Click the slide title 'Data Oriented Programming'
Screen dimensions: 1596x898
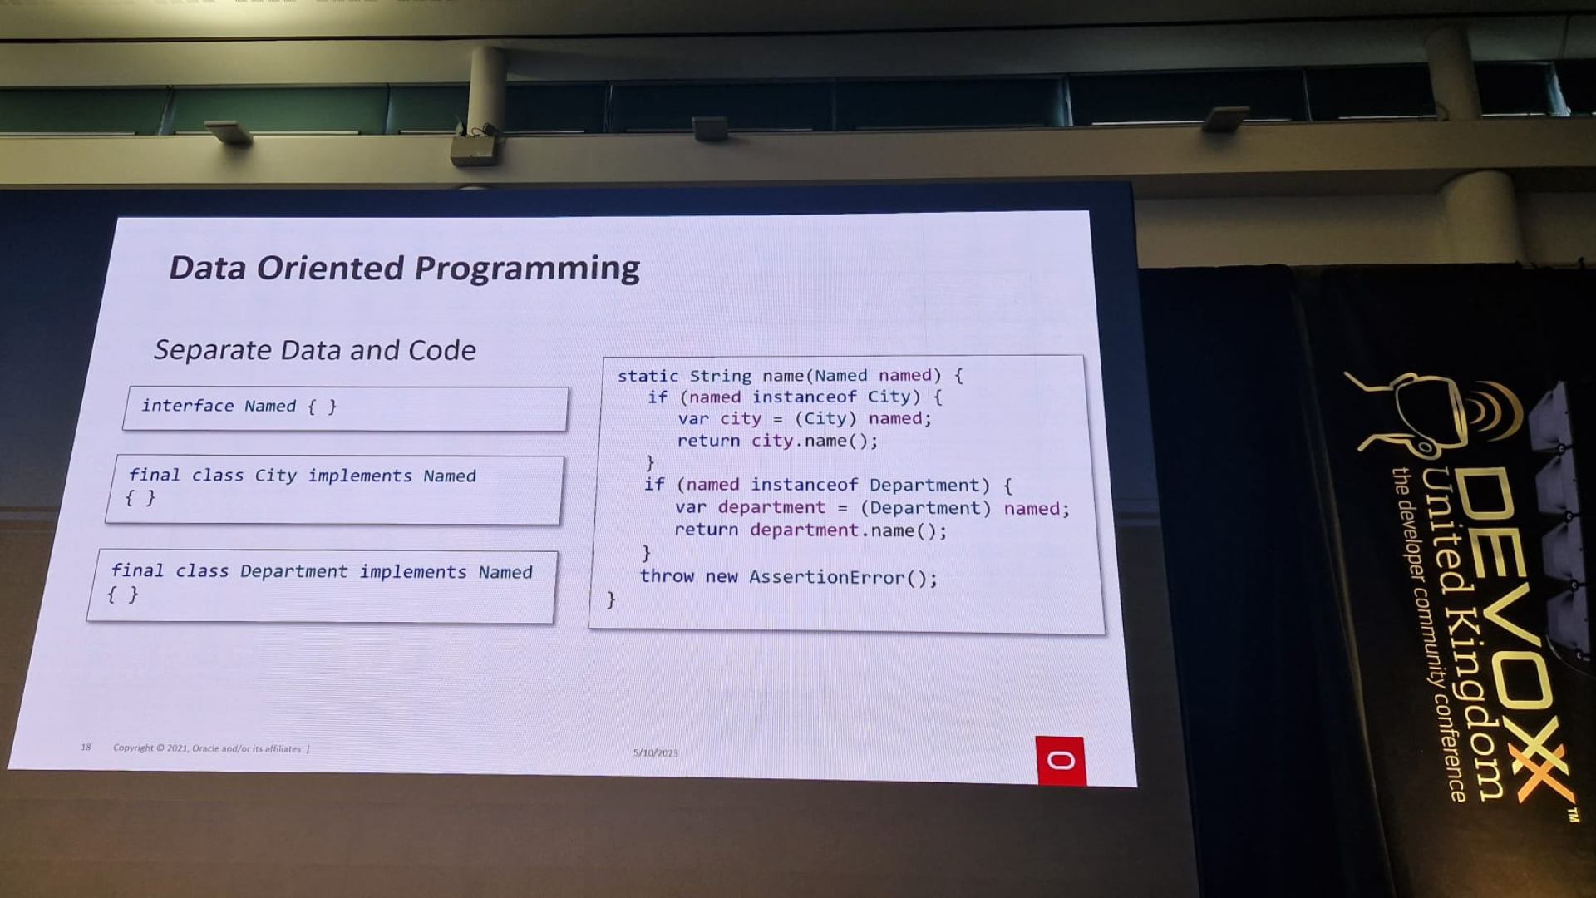coord(404,268)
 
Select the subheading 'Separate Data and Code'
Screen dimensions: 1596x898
coord(315,350)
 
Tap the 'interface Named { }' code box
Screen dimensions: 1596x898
coord(345,408)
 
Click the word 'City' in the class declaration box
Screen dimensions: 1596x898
coord(275,476)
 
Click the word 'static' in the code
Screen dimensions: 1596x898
coord(648,376)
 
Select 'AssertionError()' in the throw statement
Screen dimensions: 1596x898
coord(843,577)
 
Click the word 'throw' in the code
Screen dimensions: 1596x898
coord(667,575)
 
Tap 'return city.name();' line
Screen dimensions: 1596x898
coord(777,441)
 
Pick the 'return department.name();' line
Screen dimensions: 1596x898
coord(810,530)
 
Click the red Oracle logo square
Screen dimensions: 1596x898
coord(1061,760)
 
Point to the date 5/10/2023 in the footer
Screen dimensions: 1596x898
coord(656,752)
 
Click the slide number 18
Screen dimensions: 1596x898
coord(86,747)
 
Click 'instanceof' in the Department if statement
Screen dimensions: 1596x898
coord(804,485)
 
